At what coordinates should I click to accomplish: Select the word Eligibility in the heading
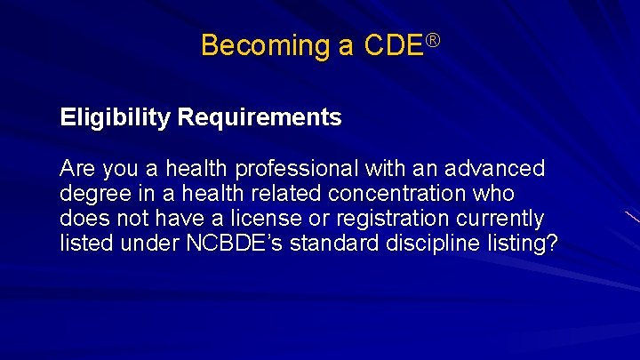pos(115,118)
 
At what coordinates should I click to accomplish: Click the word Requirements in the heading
pos(259,118)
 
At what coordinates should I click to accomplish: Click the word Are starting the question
pos(78,169)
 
